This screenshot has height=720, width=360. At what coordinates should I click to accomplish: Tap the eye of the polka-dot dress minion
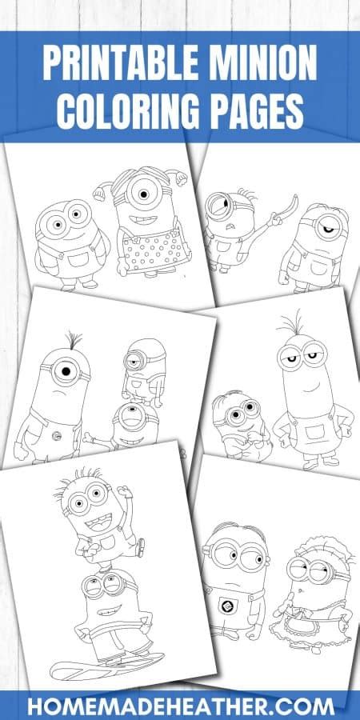click(143, 194)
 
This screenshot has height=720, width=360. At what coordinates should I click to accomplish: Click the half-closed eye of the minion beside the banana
click(327, 227)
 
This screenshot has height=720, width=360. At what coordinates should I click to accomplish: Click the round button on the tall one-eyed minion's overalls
click(57, 435)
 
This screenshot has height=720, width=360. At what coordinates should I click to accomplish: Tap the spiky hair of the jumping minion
click(76, 480)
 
